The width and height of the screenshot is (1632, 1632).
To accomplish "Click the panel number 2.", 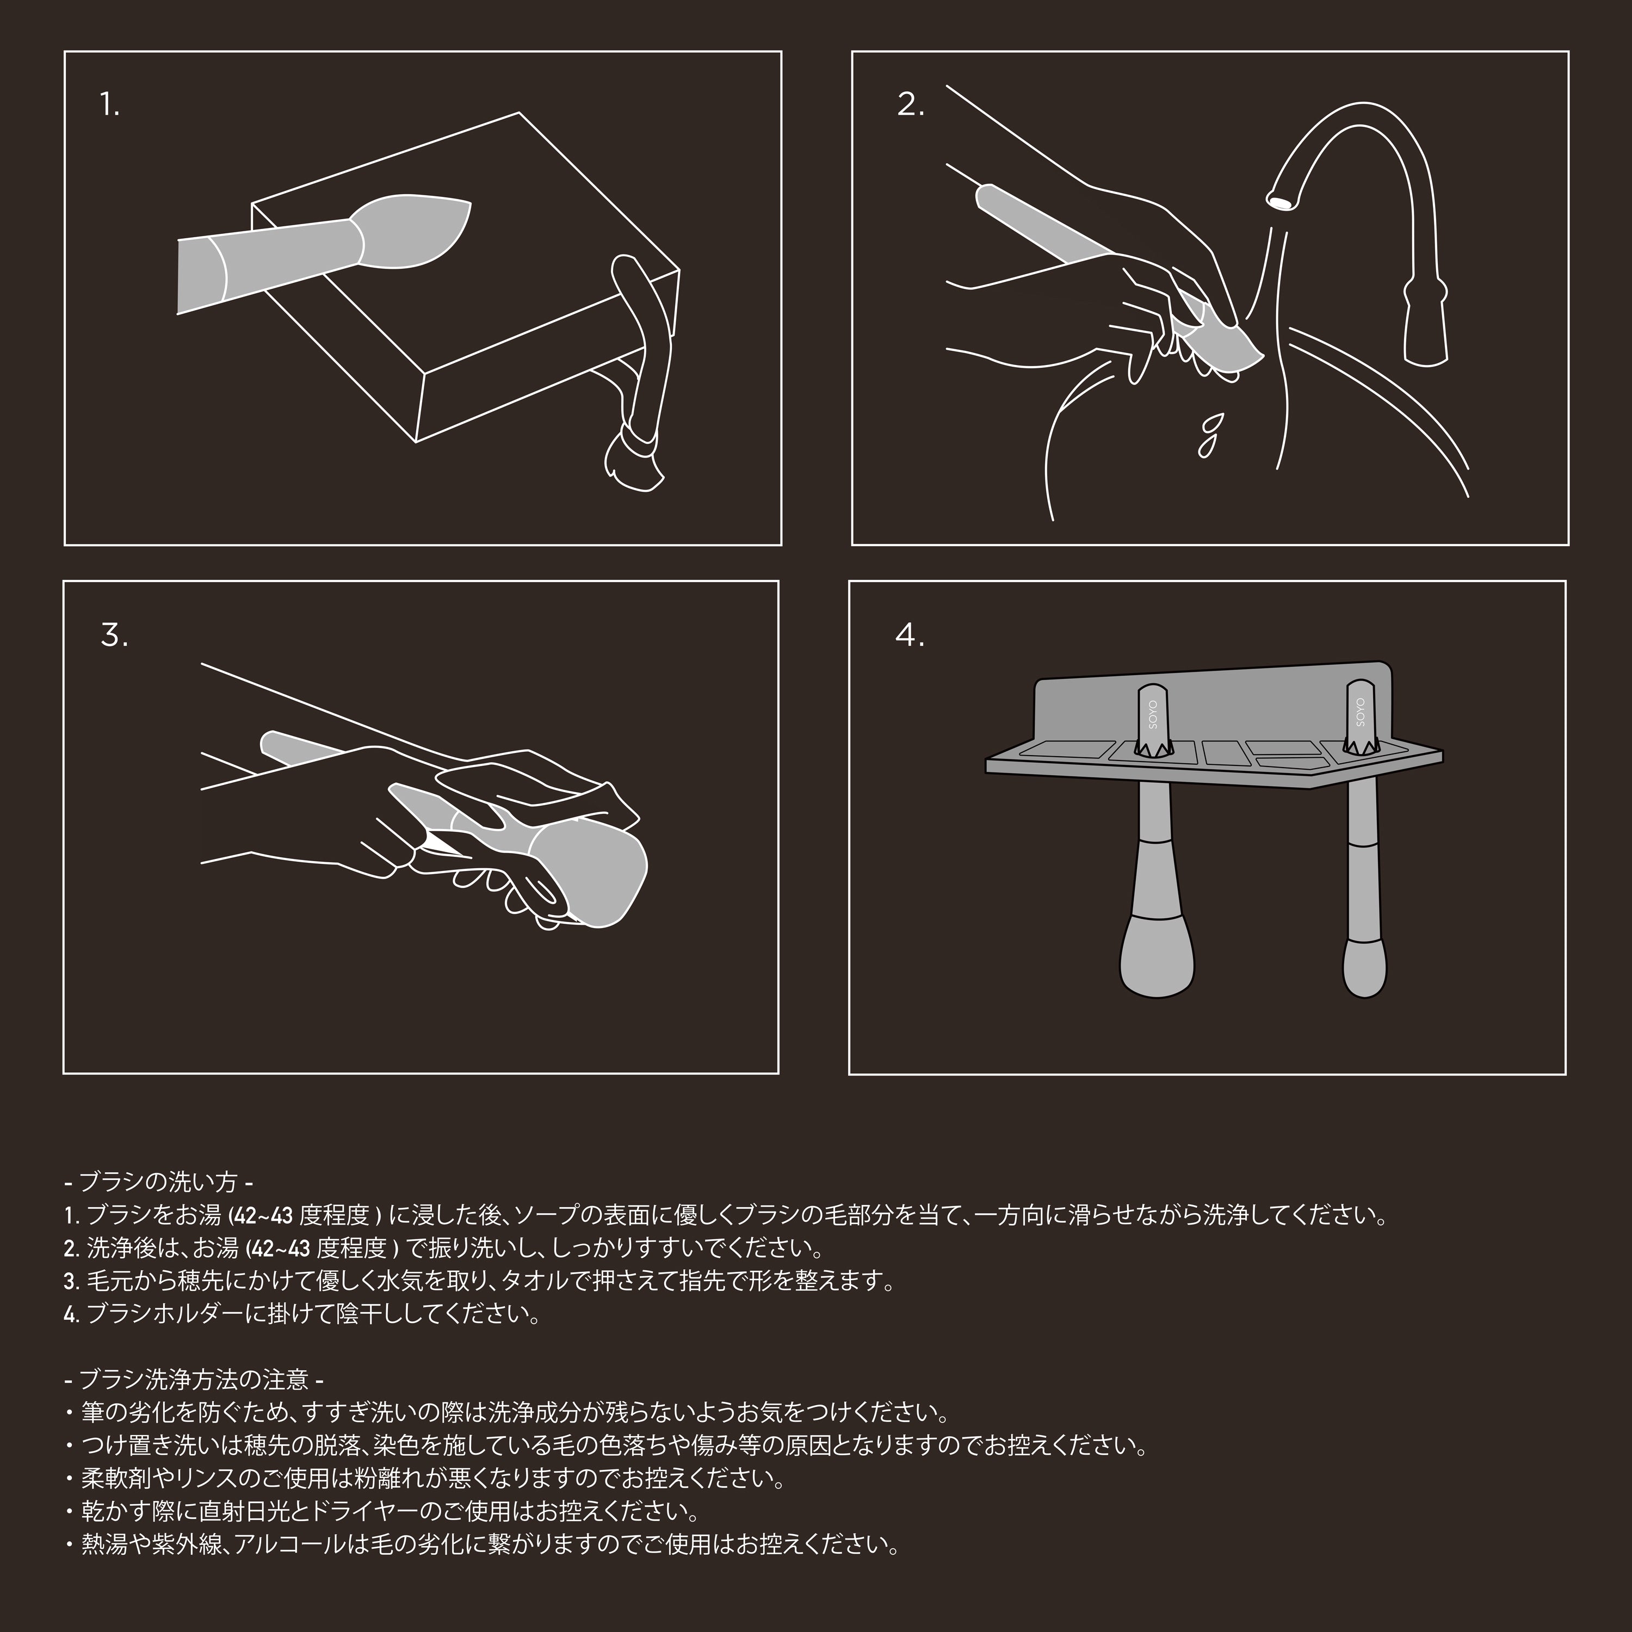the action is coord(911,106).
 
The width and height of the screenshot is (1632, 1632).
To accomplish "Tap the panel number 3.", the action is coord(115,635).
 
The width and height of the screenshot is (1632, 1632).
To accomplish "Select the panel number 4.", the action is coord(910,635).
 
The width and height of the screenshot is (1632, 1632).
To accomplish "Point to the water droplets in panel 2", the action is coord(1210,434).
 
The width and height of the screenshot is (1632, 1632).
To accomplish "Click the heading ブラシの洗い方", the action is coord(158,1180).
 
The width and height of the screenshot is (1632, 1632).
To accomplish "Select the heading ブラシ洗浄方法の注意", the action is coord(194,1380).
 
